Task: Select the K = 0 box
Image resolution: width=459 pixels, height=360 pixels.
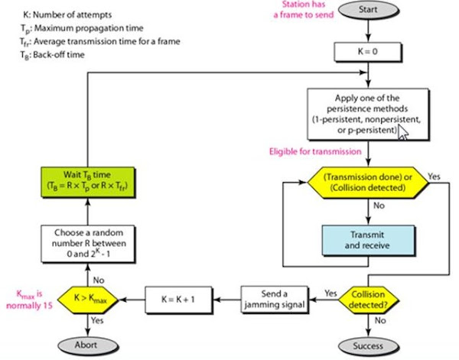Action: pos(370,52)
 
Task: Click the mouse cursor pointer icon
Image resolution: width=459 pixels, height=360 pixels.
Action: pos(403,132)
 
